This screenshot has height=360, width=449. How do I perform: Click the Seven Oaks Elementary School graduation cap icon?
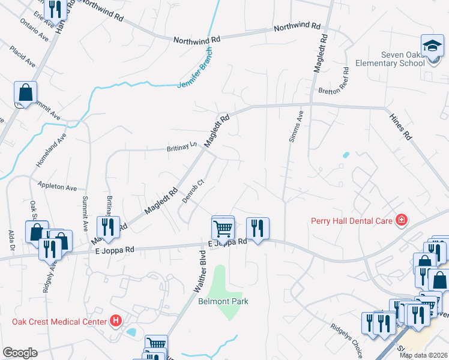432,47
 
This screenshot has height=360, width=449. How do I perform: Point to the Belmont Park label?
223,301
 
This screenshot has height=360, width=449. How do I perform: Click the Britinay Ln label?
183,147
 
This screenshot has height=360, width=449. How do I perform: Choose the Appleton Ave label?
57,186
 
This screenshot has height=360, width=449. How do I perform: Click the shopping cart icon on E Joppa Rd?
223,227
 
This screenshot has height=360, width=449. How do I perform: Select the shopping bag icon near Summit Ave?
26,92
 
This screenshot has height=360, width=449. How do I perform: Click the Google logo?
20,353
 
